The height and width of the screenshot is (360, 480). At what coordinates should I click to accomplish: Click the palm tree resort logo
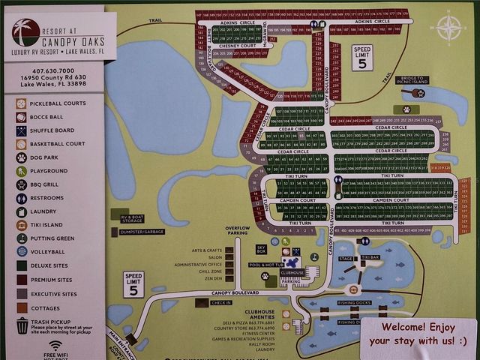[25, 33]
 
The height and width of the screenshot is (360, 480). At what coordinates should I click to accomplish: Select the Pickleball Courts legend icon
[21, 103]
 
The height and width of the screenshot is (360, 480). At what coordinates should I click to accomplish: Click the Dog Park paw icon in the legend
[21, 157]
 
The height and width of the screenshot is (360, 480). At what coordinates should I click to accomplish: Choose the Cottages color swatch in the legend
[21, 307]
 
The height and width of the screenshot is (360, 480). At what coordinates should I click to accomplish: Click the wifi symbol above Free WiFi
[55, 345]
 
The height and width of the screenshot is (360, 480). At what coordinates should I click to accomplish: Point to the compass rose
[448, 28]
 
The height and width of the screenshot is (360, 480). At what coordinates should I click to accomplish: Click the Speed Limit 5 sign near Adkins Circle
[362, 57]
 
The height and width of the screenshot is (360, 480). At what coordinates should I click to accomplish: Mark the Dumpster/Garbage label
[142, 232]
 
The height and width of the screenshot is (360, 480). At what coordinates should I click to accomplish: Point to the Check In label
[221, 302]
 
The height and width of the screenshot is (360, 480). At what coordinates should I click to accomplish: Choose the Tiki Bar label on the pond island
[370, 257]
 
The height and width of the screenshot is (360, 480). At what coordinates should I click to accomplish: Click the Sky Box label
[262, 248]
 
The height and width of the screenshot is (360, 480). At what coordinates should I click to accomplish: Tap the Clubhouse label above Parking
[292, 272]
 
